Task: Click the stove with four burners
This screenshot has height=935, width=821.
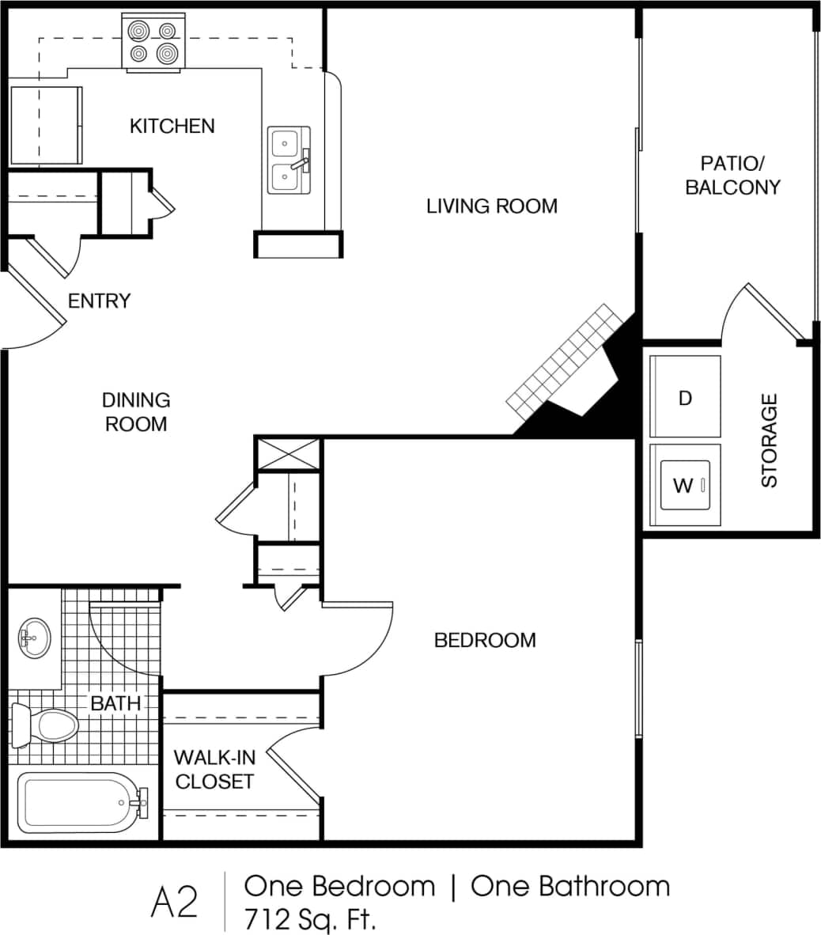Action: pos(153,43)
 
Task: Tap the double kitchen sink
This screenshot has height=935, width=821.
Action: pos(286,161)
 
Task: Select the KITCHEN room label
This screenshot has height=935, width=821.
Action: pos(172,126)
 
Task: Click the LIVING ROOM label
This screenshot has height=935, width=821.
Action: pos(491,206)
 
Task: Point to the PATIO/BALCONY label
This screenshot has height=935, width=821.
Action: pos(732,176)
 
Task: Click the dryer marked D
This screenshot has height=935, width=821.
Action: pos(685,397)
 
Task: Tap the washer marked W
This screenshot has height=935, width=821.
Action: pos(685,485)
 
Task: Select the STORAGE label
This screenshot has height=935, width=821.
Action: pos(770,441)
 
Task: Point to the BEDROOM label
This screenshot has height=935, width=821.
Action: pos(485,640)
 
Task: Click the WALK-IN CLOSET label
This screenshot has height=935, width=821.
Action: pos(214,770)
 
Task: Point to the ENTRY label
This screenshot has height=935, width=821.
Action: pos(99,301)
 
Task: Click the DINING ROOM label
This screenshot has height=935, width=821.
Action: pos(137,412)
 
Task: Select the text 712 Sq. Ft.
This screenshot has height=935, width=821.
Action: pos(310,918)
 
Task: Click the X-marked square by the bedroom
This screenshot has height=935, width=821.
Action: pos(288,455)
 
